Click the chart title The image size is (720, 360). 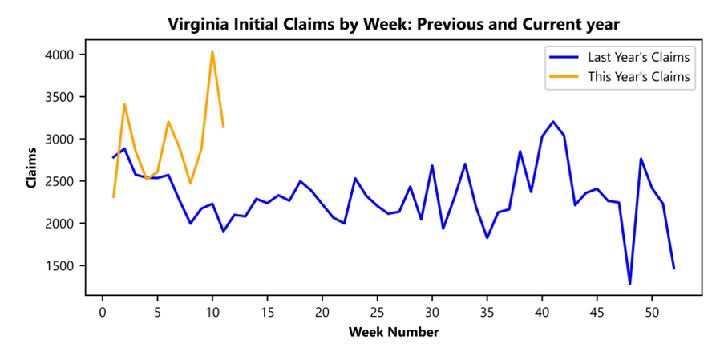click(x=394, y=25)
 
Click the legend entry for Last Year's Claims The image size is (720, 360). click(x=638, y=58)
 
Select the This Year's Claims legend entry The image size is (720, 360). click(x=638, y=77)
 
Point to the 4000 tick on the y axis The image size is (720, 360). click(x=60, y=55)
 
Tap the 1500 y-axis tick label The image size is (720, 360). click(x=60, y=265)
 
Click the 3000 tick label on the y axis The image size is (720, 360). click(x=60, y=139)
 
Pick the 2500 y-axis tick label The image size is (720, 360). click(x=60, y=181)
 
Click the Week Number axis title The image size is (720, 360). click(x=394, y=331)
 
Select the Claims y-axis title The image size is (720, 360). click(x=31, y=168)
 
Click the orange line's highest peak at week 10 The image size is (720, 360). click(x=212, y=51)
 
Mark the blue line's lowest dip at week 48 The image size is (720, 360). click(x=629, y=283)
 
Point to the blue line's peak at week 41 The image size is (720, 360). click(x=553, y=122)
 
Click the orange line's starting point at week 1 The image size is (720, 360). click(x=113, y=196)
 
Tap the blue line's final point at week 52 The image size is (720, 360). click(x=673, y=269)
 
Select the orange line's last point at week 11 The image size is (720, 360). click(x=223, y=127)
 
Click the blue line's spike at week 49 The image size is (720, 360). click(x=641, y=159)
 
